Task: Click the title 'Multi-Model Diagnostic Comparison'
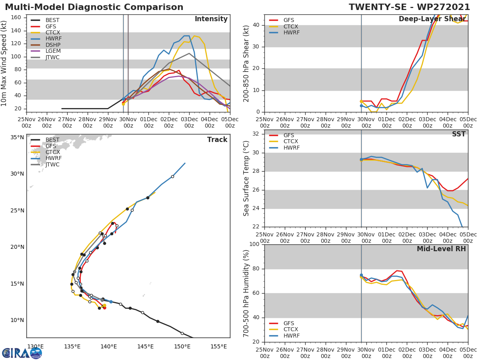[94, 7]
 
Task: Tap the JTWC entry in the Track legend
[52, 164]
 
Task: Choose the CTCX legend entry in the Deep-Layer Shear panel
[290, 26]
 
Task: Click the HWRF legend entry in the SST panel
[291, 148]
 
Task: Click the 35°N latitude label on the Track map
[17, 137]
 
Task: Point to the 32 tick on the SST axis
[255, 134]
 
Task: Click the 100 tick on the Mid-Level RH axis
[254, 244]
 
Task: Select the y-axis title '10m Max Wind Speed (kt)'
[4, 63]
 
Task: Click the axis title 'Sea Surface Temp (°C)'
[246, 178]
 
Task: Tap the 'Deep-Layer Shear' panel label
[432, 19]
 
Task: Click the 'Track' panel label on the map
[217, 140]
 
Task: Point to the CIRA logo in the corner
[22, 353]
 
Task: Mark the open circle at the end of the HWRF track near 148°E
[172, 176]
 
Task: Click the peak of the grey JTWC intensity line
[189, 53]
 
